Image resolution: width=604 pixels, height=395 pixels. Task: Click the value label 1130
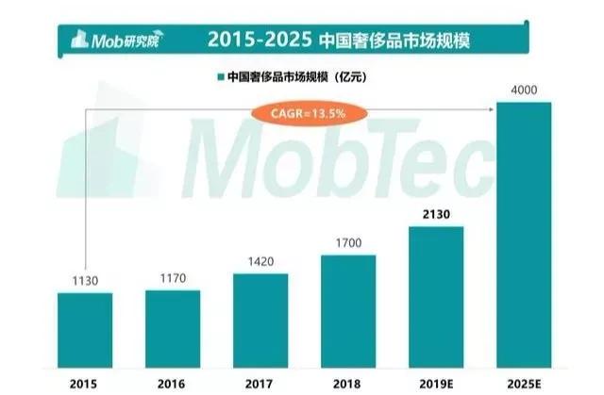(85, 280)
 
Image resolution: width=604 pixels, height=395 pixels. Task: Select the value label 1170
(173, 278)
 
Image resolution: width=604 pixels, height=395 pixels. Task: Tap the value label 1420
(260, 261)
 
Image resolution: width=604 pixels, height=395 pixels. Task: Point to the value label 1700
(348, 242)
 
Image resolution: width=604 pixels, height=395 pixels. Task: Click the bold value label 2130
(436, 214)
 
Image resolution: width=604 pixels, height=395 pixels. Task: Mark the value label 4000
(524, 90)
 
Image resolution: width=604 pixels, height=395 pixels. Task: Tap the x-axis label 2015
(85, 382)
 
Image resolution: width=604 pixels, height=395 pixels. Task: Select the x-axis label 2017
(260, 382)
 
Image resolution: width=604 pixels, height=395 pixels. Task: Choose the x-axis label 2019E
(436, 382)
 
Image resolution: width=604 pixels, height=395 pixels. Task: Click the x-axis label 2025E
(524, 382)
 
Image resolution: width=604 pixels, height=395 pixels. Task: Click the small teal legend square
(221, 78)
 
